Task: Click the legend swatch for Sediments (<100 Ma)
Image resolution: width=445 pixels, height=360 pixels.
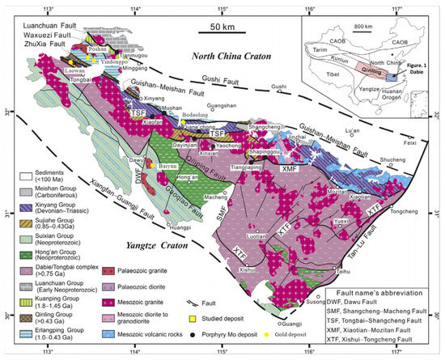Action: pos(17,175)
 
